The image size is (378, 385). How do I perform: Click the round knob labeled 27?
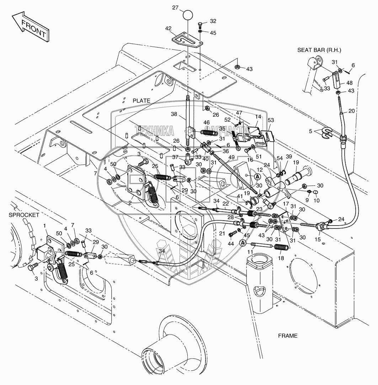[188, 16]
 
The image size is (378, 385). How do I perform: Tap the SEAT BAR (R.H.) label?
[319, 50]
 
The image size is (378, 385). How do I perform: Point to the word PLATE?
[142, 101]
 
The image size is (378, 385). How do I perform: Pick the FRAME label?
[288, 336]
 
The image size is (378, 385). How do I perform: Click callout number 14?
[258, 117]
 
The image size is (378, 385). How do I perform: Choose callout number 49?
[231, 158]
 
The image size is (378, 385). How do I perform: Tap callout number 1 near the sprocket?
[45, 226]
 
